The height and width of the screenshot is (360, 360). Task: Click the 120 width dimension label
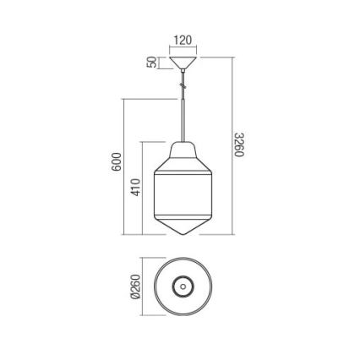point(183,40)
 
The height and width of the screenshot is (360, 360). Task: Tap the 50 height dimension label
point(152,63)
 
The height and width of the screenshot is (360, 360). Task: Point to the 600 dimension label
point(117,164)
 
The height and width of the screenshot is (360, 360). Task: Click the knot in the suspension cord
point(181,84)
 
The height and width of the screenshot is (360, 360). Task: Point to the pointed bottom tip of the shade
point(183,235)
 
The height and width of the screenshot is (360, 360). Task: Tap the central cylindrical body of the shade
point(183,194)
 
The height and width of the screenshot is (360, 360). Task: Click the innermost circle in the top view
point(183,286)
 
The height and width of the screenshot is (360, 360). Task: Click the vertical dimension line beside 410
point(142,188)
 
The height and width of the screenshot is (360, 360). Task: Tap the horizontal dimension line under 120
point(183,48)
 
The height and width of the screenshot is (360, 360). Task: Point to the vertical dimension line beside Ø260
point(142,286)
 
